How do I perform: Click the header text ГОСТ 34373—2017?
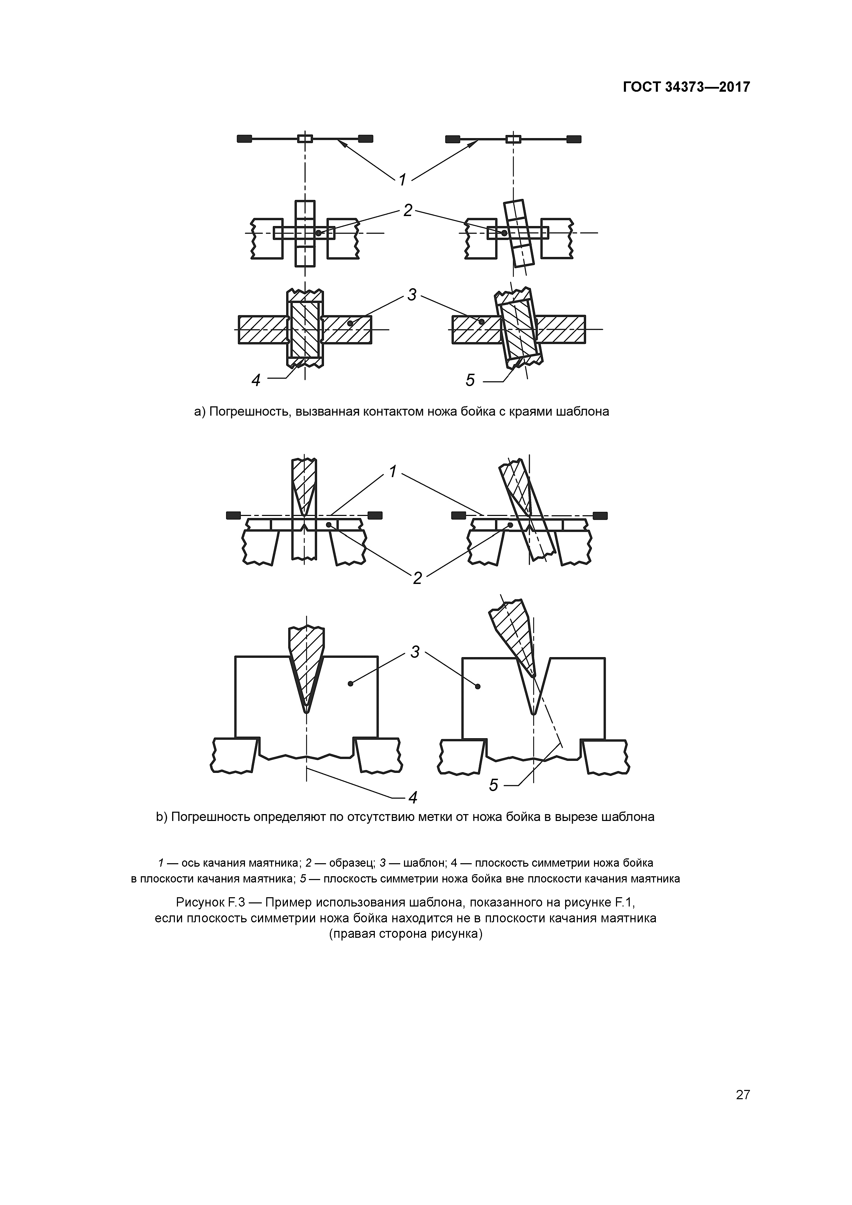pyautogui.click(x=686, y=87)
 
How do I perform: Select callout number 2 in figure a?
pyautogui.click(x=408, y=211)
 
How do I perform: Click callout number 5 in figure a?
pyautogui.click(x=470, y=380)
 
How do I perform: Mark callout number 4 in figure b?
pyautogui.click(x=413, y=798)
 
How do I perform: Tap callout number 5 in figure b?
pyautogui.click(x=493, y=785)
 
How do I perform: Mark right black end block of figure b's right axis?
pyautogui.click(x=599, y=515)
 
